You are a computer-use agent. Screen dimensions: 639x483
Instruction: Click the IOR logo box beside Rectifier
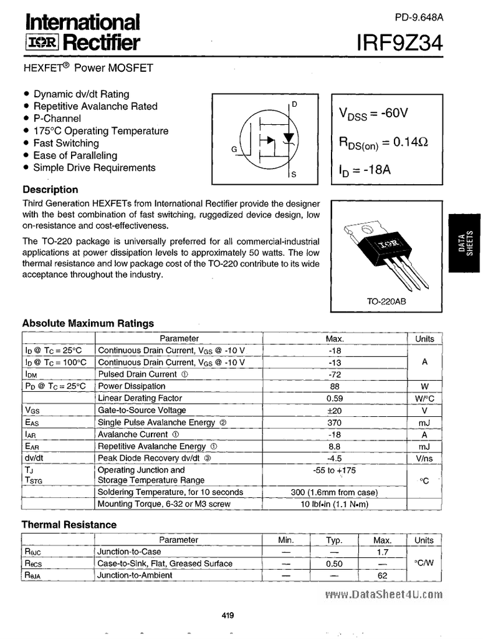[41, 43]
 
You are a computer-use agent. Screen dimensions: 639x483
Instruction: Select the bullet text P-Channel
[57, 119]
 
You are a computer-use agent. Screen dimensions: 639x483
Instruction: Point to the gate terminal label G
[234, 149]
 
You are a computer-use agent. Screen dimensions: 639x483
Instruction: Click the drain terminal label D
[294, 104]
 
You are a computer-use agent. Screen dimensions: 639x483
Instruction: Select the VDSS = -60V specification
[373, 114]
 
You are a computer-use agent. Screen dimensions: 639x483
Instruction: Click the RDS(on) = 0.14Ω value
[383, 143]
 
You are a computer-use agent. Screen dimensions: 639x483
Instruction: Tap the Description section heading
[50, 190]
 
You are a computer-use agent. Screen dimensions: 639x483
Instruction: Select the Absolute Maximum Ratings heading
[88, 323]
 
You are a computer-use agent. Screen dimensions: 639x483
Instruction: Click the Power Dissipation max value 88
[335, 386]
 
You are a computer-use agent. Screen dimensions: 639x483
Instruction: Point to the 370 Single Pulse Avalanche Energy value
[335, 422]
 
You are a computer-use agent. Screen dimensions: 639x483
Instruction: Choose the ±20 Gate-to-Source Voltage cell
[335, 411]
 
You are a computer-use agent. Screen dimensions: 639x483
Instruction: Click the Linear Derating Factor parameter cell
[140, 398]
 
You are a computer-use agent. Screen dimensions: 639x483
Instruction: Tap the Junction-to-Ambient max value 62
[382, 575]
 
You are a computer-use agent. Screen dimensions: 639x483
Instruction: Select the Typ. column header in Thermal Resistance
[334, 540]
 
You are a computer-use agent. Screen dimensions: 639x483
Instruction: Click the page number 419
[227, 616]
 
